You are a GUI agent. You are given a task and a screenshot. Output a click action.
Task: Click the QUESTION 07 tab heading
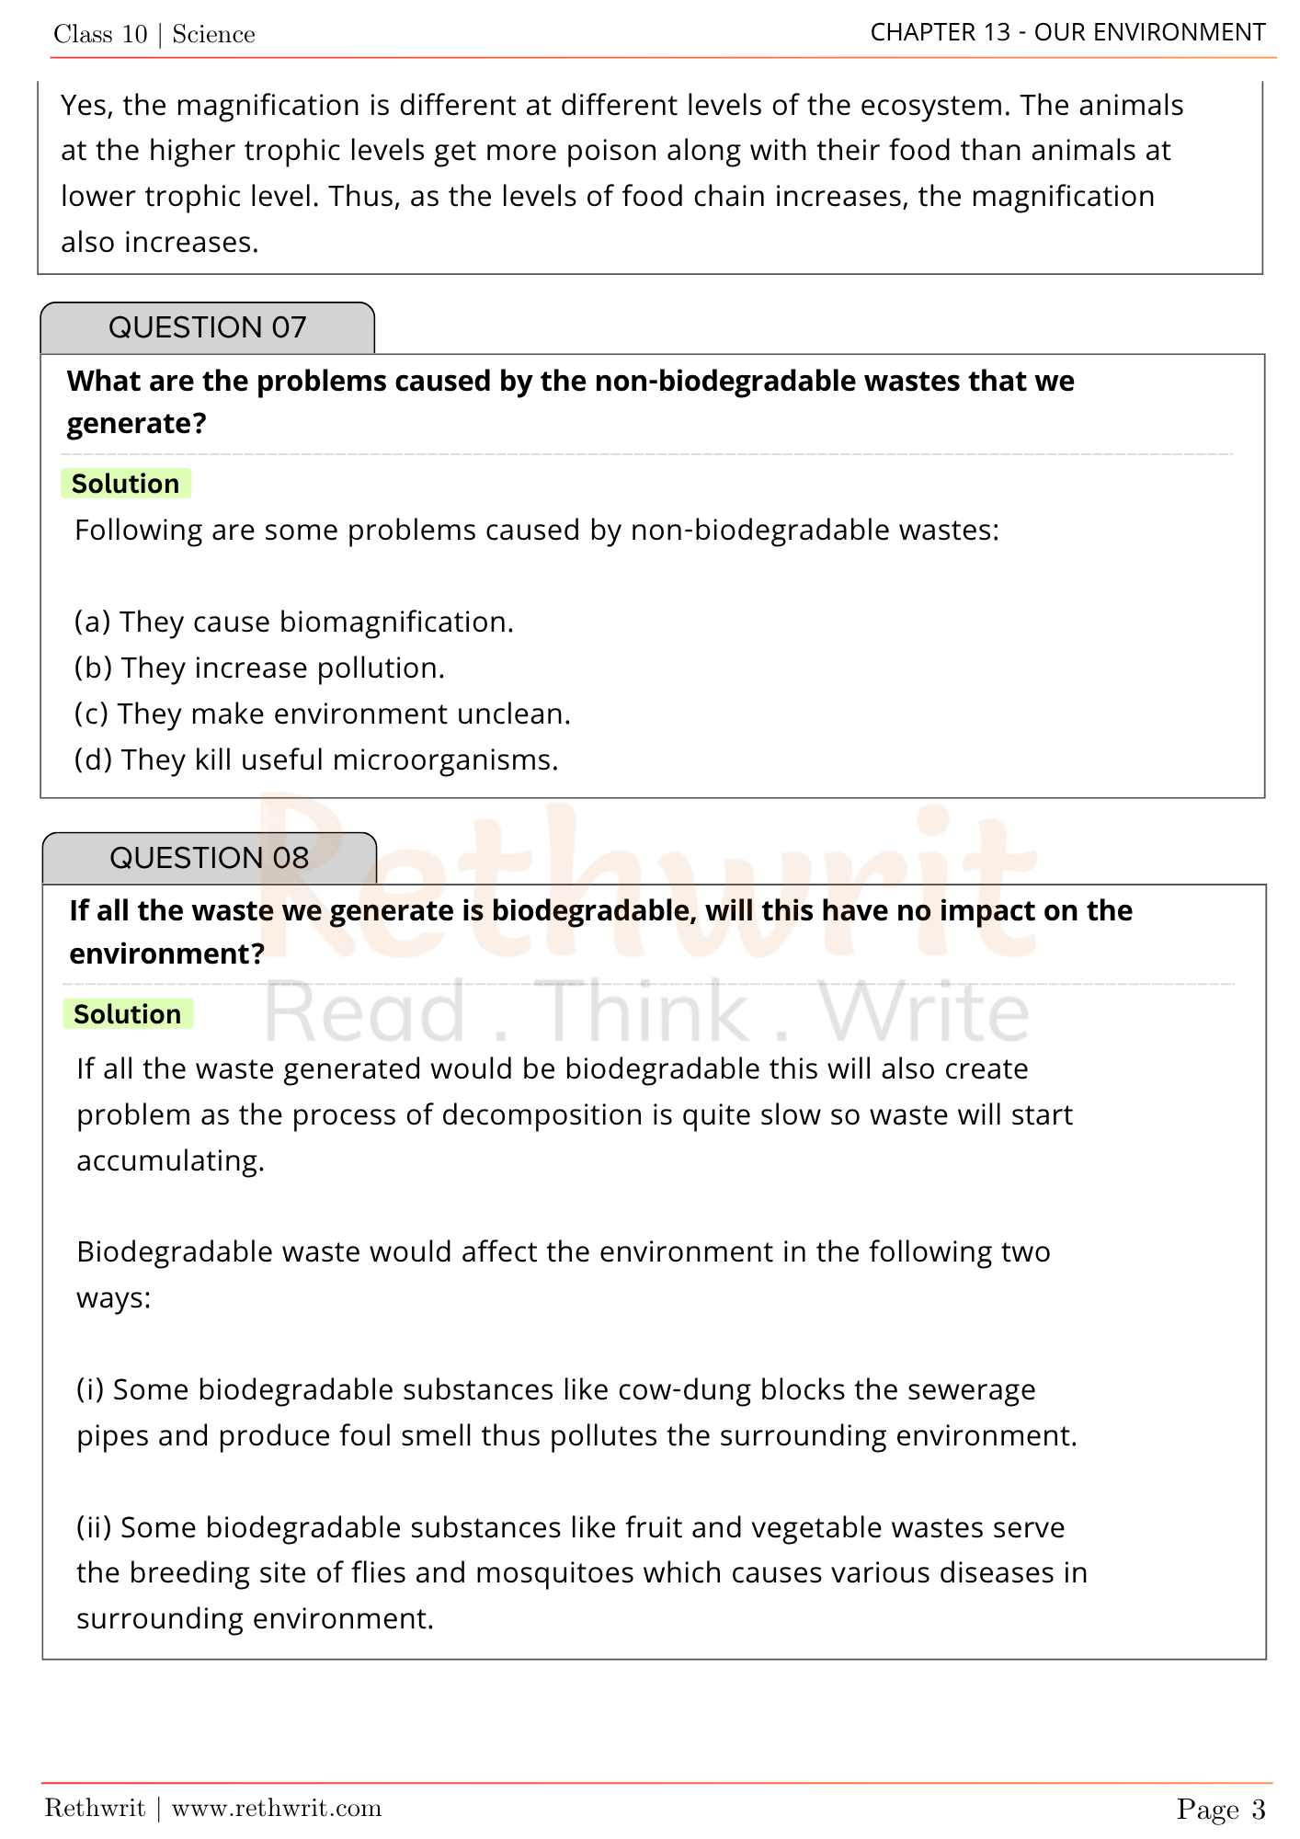pos(207,328)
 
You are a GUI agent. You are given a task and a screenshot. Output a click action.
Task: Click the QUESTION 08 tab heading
pos(209,858)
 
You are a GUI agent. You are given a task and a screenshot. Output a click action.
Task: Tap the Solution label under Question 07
pos(126,484)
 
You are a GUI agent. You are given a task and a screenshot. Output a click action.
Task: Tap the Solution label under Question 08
pos(128,1014)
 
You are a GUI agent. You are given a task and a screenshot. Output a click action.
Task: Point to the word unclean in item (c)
pos(513,714)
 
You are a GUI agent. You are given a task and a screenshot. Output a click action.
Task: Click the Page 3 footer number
pos(1220,1810)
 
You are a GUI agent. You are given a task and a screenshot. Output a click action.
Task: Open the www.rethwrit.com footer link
pos(276,1809)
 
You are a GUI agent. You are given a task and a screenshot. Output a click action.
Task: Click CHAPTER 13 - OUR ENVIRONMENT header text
pos(1067,33)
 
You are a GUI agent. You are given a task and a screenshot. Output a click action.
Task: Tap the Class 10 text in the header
pos(100,35)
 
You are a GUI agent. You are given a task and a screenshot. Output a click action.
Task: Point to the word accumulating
pos(170,1161)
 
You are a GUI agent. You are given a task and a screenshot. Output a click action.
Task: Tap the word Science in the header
pos(213,35)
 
